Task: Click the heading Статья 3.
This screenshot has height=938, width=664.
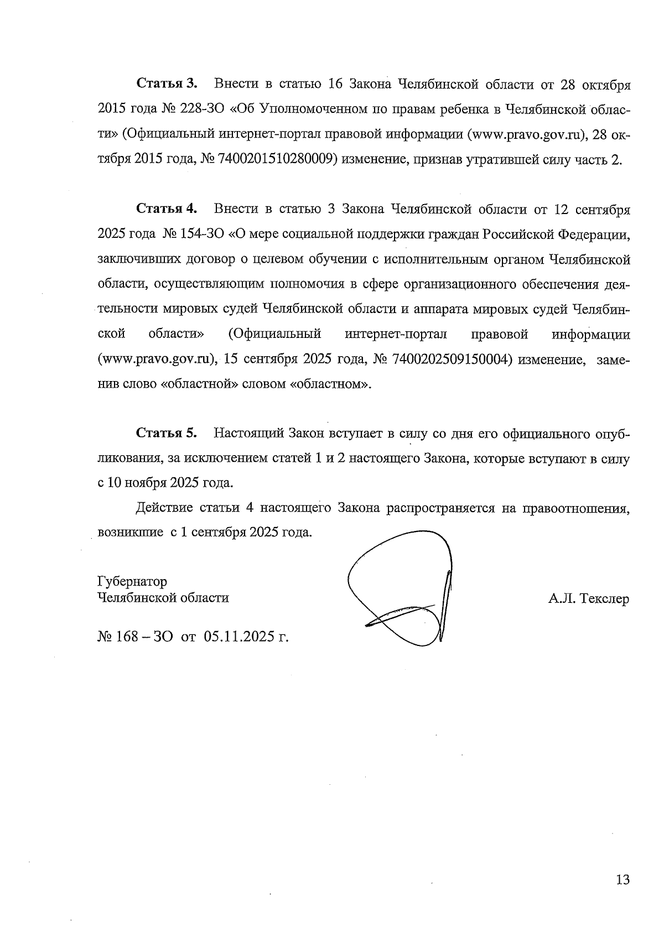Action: click(167, 84)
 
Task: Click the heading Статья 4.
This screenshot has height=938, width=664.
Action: click(167, 209)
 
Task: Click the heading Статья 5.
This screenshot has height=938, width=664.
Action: click(167, 433)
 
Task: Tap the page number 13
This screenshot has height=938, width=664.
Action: click(622, 879)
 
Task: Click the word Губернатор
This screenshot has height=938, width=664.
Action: click(132, 582)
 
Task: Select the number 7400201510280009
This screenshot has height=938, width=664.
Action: click(279, 160)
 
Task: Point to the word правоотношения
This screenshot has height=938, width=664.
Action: click(576, 508)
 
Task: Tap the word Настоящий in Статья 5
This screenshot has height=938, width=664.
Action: click(249, 433)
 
